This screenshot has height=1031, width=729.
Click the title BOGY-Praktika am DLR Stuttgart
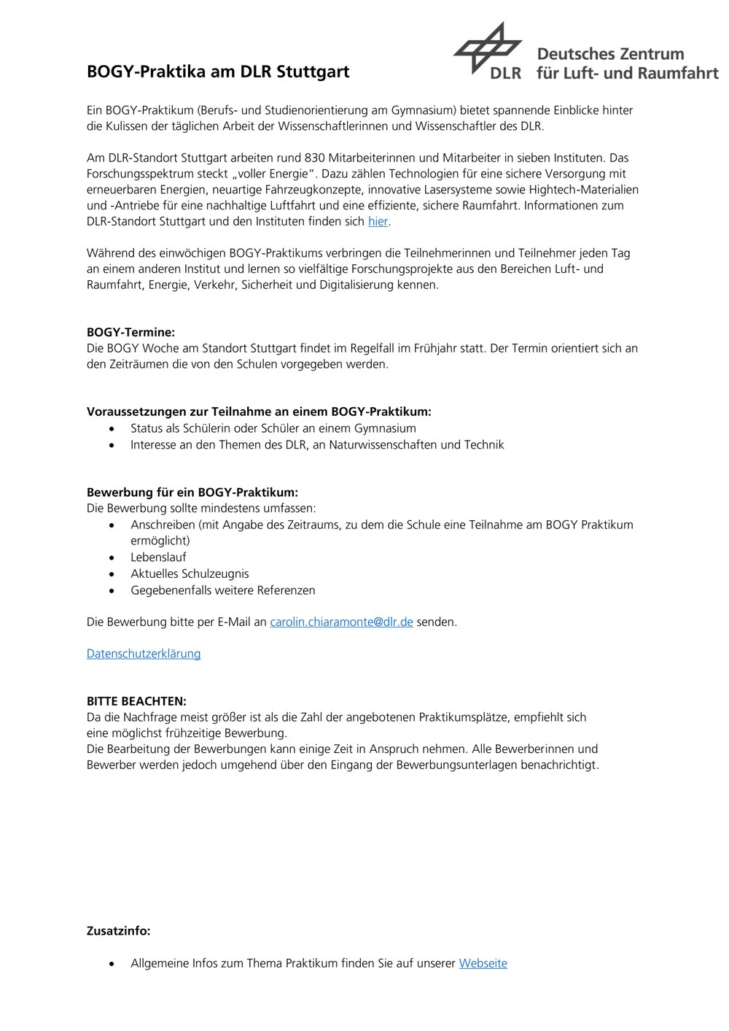pyautogui.click(x=218, y=72)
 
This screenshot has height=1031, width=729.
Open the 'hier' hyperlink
pyautogui.click(x=378, y=221)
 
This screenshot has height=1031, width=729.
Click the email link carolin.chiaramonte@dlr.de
pyautogui.click(x=341, y=622)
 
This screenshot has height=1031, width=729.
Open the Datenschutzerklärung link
pyautogui.click(x=144, y=653)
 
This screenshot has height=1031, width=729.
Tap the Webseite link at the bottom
pyautogui.click(x=483, y=963)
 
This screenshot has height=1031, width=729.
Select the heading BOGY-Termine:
pyautogui.click(x=130, y=332)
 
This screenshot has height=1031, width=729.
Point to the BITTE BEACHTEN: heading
pyautogui.click(x=136, y=701)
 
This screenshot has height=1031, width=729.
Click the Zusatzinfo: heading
pyautogui.click(x=119, y=931)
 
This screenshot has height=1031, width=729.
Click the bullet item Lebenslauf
pyautogui.click(x=158, y=557)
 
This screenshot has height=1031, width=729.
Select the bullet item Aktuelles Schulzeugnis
pyautogui.click(x=190, y=574)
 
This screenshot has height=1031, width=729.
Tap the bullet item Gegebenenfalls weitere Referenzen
pyautogui.click(x=223, y=590)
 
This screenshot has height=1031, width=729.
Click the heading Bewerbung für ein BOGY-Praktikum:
pyautogui.click(x=192, y=493)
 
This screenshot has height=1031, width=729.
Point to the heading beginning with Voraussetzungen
pyautogui.click(x=259, y=412)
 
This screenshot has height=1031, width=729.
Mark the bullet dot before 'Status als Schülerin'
pyautogui.click(x=112, y=429)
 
